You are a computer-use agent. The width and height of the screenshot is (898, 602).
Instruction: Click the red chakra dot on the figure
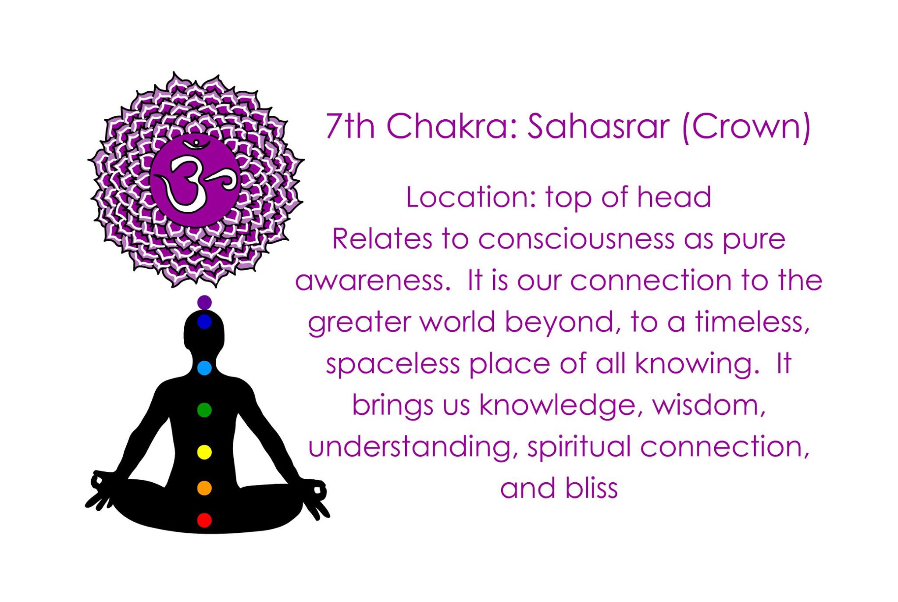(x=204, y=520)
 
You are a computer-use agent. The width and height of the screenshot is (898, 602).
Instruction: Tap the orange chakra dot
(x=204, y=488)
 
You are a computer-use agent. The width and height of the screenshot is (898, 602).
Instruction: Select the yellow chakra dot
(x=204, y=452)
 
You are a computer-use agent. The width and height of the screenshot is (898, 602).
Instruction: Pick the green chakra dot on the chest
(x=204, y=410)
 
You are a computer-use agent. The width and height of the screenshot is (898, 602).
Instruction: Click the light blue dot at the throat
(x=204, y=368)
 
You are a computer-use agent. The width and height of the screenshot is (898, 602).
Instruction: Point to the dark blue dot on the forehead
(x=204, y=322)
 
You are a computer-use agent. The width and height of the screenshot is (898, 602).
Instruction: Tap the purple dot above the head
(x=204, y=302)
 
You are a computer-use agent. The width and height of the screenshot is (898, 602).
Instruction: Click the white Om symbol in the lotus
(x=195, y=178)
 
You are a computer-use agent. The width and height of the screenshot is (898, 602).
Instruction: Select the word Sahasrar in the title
(x=598, y=126)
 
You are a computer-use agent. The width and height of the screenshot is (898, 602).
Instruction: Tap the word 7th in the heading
(x=350, y=126)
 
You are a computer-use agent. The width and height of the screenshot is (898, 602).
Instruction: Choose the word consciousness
(x=576, y=239)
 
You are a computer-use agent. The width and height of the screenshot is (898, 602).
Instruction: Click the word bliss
(x=591, y=488)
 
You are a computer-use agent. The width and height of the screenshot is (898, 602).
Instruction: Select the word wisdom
(x=709, y=406)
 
